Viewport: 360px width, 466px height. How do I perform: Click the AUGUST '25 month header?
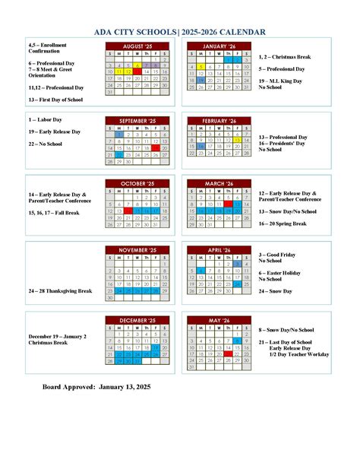(137, 46)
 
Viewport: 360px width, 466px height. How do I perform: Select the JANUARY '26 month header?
(221, 46)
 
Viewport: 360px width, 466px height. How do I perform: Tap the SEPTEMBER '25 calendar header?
(137, 121)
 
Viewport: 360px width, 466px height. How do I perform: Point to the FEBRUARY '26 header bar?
(221, 121)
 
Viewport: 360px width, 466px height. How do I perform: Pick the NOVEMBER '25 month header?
(137, 249)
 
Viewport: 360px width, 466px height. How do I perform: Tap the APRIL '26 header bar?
(221, 249)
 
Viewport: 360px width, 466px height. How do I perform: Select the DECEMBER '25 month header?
(137, 321)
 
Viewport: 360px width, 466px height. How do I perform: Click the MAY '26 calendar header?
(221, 321)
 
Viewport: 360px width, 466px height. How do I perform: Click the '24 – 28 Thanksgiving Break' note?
(60, 291)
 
